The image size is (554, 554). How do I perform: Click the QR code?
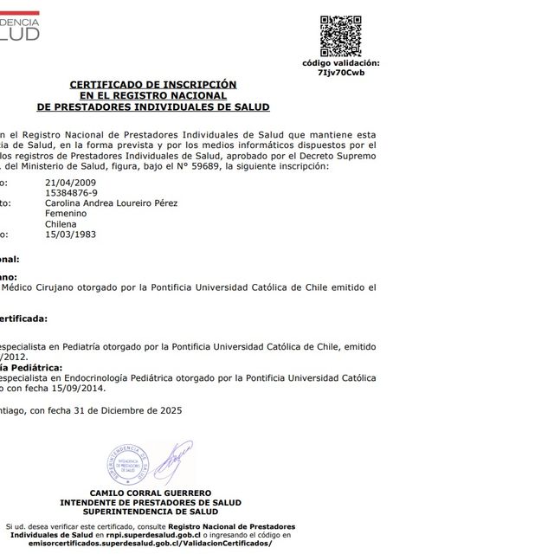click(x=340, y=35)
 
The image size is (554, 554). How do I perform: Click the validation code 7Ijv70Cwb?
click(x=340, y=73)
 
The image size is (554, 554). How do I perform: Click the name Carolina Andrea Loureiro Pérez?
click(x=110, y=203)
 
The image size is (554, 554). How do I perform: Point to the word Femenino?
click(x=66, y=213)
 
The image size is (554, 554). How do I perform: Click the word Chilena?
click(x=61, y=223)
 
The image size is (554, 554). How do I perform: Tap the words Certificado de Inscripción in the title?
click(x=152, y=84)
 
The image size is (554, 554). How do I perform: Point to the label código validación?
click(x=340, y=63)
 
